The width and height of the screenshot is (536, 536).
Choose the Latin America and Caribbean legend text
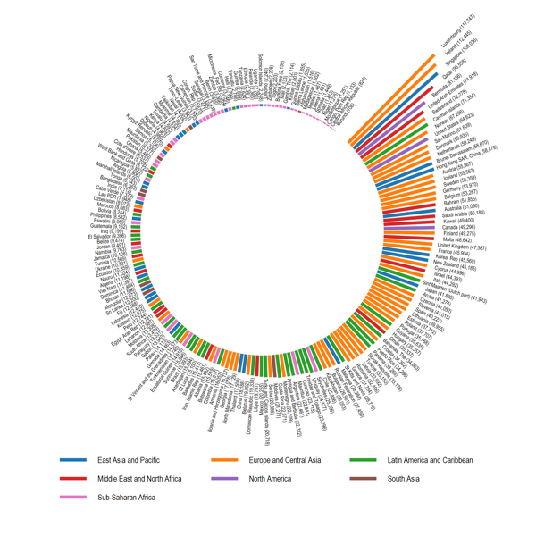(x=431, y=460)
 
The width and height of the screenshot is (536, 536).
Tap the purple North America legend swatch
(x=224, y=479)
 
